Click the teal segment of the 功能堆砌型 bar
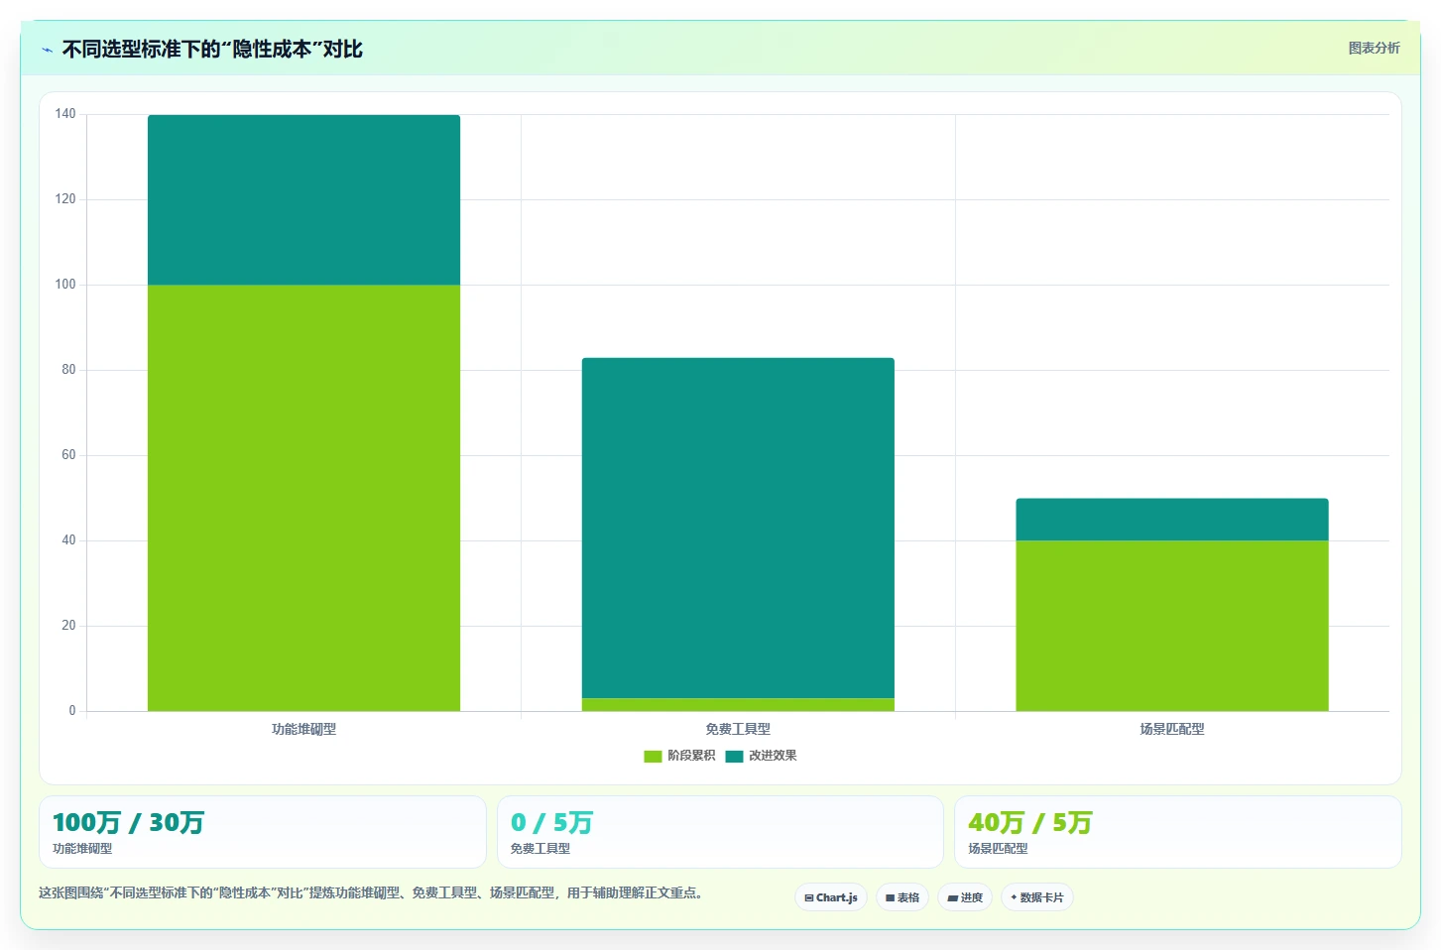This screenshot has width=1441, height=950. click(x=303, y=200)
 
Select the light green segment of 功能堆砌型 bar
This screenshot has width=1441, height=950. click(x=303, y=498)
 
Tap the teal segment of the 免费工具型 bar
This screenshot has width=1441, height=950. click(x=738, y=529)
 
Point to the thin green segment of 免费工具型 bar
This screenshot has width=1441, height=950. click(x=738, y=705)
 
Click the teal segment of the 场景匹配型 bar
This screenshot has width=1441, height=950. click(x=1172, y=520)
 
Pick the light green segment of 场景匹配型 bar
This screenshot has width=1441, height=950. click(x=1172, y=626)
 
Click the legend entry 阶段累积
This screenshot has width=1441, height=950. click(x=679, y=756)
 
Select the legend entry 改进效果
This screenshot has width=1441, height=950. click(x=761, y=756)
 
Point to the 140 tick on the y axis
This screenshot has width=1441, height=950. click(x=65, y=114)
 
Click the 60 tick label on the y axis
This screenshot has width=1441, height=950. click(x=68, y=455)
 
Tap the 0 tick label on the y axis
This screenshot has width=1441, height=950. click(x=72, y=710)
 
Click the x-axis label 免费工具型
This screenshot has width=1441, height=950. click(x=738, y=729)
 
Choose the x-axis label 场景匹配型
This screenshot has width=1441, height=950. click(x=1172, y=729)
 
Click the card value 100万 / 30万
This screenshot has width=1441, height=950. click(x=129, y=823)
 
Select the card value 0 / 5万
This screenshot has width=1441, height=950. click(x=551, y=823)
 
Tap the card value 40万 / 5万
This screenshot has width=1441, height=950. click(x=1030, y=823)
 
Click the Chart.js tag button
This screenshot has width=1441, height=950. click(x=831, y=897)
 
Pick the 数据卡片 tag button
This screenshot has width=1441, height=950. click(x=1037, y=897)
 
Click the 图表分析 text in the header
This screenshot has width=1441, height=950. click(x=1375, y=49)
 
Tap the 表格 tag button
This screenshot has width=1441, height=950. click(x=901, y=897)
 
